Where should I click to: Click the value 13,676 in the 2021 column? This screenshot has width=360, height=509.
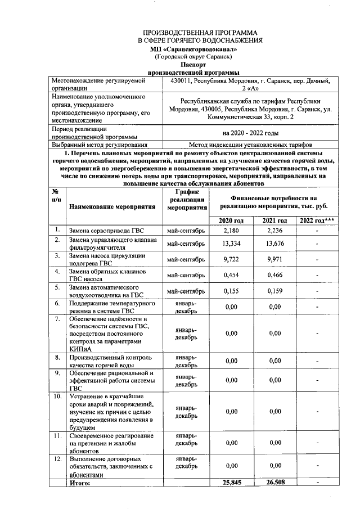[274, 243]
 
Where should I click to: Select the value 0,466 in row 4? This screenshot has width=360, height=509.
[274, 274]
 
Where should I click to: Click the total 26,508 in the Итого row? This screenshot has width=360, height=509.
[274, 482]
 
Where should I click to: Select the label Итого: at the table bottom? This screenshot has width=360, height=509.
[79, 483]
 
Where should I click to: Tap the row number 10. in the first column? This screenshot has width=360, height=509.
[57, 397]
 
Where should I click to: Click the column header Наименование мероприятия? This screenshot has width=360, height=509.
[112, 206]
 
